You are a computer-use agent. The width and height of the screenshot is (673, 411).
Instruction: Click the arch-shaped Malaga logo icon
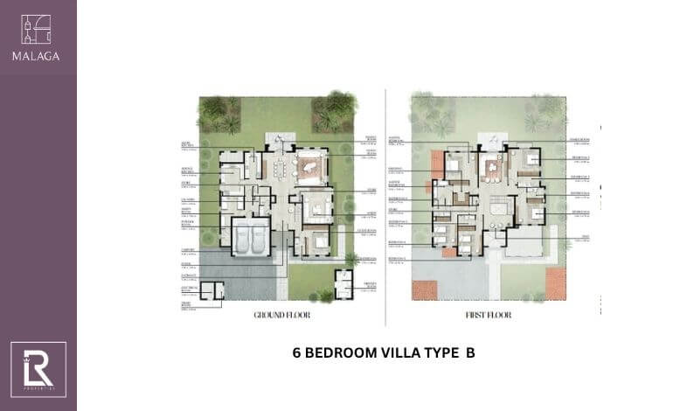click(x=37, y=30)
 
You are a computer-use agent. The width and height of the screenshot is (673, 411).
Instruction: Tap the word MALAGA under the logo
click(x=37, y=56)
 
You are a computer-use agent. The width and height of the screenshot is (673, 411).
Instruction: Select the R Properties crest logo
click(x=38, y=369)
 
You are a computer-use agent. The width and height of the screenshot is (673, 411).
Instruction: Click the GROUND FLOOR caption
click(x=279, y=314)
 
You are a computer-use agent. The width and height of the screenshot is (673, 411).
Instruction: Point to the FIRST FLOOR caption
click(x=488, y=314)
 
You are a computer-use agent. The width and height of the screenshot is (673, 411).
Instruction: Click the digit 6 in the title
click(x=295, y=353)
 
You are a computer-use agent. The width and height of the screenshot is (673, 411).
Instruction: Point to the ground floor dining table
click(x=279, y=166)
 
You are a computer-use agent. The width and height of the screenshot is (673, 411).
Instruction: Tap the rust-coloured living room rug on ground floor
click(x=310, y=165)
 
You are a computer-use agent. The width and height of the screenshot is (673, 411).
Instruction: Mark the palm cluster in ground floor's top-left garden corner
click(x=213, y=112)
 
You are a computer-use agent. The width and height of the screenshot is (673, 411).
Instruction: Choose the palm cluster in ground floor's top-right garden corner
click(x=334, y=108)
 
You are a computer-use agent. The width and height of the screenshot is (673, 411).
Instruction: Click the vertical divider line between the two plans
click(x=385, y=205)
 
